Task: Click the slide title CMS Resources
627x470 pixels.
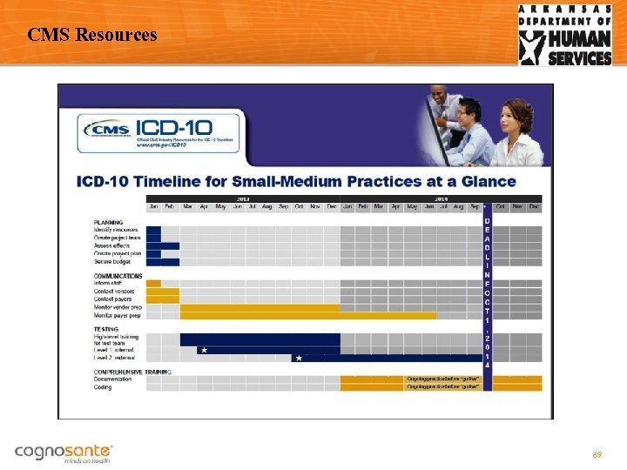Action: pos(92,36)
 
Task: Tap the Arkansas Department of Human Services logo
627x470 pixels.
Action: pos(565,35)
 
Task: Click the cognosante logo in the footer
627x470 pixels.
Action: pos(64,452)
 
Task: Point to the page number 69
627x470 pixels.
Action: pos(597,455)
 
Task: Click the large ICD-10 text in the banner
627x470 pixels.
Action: pos(187,128)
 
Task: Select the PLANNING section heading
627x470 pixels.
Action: pos(108,223)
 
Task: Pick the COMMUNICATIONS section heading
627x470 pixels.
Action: pos(118,276)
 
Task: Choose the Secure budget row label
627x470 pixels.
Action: pos(112,261)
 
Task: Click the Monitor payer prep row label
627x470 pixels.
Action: pos(118,315)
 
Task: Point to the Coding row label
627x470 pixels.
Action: pos(103,387)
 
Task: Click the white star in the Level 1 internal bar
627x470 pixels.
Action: pos(203,350)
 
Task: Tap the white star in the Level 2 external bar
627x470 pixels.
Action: pos(298,358)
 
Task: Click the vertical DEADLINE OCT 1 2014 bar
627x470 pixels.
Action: pos(487,287)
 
